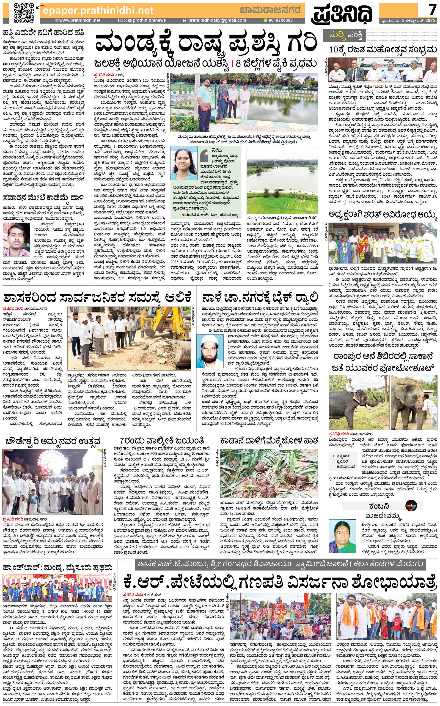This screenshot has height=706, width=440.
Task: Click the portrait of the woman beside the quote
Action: (184, 164)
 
